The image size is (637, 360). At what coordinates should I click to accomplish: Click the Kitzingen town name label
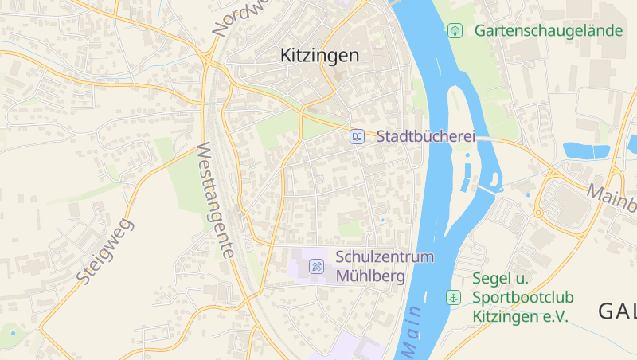click(x=320, y=56)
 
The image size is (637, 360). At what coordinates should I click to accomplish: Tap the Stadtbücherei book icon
click(x=358, y=137)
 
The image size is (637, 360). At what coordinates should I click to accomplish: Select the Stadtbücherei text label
click(x=425, y=136)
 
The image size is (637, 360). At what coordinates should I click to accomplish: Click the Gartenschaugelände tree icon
click(x=455, y=31)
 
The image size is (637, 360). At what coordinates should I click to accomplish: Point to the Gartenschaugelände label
click(x=548, y=31)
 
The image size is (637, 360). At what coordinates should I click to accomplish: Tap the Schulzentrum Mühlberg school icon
click(x=316, y=266)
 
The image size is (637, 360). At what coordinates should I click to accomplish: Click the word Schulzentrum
click(x=385, y=257)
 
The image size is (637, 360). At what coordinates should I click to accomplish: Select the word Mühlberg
click(x=371, y=276)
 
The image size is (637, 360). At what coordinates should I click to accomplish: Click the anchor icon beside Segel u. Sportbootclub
click(x=453, y=297)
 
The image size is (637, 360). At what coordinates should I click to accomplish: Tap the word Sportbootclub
click(x=523, y=297)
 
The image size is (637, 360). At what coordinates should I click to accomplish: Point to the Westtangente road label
click(x=215, y=199)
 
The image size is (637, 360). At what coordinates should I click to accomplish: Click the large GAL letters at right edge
click(x=617, y=311)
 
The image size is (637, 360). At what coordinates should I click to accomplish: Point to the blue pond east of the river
click(x=586, y=150)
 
